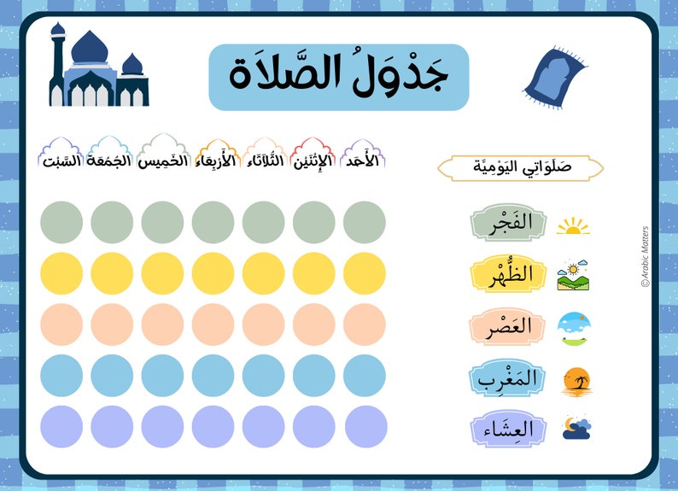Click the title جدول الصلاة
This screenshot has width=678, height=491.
(x=339, y=77)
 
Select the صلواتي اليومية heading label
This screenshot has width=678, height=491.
(x=521, y=167)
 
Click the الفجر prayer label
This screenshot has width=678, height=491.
(x=507, y=223)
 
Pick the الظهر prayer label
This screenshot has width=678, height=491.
(x=507, y=275)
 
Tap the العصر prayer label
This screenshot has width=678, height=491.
(x=507, y=327)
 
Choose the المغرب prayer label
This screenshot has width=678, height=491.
(x=507, y=378)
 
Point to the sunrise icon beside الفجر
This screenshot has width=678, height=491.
(x=573, y=225)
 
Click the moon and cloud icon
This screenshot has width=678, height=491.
(x=576, y=429)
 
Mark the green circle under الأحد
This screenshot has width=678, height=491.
(x=365, y=222)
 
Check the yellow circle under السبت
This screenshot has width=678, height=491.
(x=61, y=273)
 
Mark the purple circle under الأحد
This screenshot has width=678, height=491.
(x=365, y=426)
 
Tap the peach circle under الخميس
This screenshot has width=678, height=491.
(x=162, y=324)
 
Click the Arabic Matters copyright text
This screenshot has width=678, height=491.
(x=645, y=256)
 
